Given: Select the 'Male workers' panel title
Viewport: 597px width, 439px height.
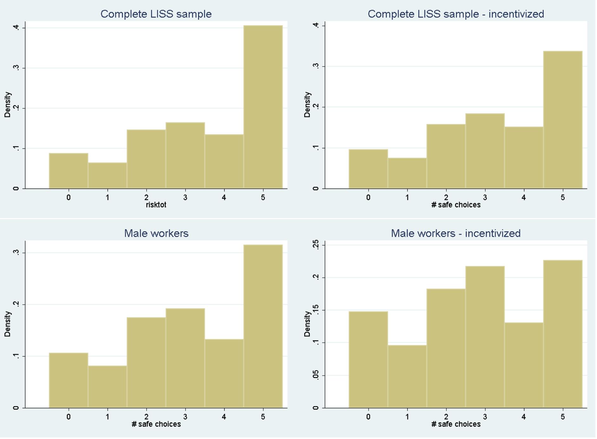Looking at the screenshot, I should (156, 234).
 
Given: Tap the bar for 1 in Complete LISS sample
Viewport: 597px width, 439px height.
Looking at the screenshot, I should (108, 176).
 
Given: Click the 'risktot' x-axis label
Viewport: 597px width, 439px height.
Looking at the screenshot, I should (156, 205).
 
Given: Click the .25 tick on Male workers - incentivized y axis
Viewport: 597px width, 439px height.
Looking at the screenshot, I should (316, 245).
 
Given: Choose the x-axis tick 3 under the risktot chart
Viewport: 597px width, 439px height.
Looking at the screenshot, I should (186, 198).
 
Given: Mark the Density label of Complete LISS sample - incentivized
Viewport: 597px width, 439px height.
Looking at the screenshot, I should (307, 105).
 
